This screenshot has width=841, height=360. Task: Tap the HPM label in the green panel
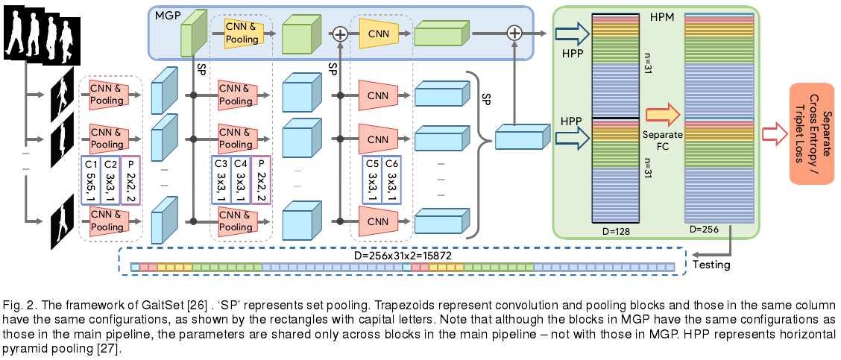[x=662, y=16]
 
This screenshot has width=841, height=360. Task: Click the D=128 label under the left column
[x=616, y=230]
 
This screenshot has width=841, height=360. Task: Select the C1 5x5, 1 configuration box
[x=90, y=180]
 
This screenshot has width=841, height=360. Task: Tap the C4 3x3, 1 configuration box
[x=241, y=180]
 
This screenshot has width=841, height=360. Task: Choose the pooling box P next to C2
[x=131, y=180]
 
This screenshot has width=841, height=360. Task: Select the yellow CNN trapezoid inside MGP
[x=380, y=33]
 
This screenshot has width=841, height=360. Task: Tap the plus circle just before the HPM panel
[x=514, y=33]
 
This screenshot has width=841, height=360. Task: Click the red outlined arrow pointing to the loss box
[x=775, y=133]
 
